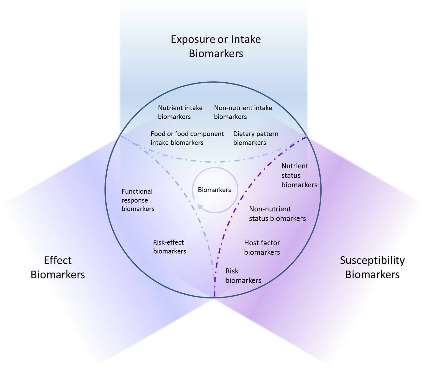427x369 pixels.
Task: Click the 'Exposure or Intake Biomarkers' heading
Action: [216, 46]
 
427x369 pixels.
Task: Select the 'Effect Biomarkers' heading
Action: [58, 267]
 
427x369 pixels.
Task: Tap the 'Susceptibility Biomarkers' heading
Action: [372, 267]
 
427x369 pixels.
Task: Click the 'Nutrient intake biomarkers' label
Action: [180, 112]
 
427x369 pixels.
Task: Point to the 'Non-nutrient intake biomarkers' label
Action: [243, 112]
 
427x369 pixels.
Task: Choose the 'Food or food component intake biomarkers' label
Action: [187, 138]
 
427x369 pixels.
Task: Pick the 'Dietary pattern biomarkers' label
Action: [255, 138]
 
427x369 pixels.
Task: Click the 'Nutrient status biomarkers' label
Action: [299, 175]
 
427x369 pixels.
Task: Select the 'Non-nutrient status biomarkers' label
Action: [277, 214]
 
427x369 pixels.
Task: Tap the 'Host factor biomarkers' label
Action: [262, 247]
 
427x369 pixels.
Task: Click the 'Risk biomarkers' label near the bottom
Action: [243, 276]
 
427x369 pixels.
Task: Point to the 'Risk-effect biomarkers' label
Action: [169, 247]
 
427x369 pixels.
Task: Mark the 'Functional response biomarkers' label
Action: [138, 200]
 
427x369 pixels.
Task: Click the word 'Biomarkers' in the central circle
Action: [214, 190]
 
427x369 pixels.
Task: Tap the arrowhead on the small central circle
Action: [200, 207]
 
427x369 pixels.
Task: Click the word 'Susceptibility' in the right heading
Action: [372, 260]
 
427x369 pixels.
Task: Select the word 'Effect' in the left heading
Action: [58, 260]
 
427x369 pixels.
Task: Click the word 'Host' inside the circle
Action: [252, 243]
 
